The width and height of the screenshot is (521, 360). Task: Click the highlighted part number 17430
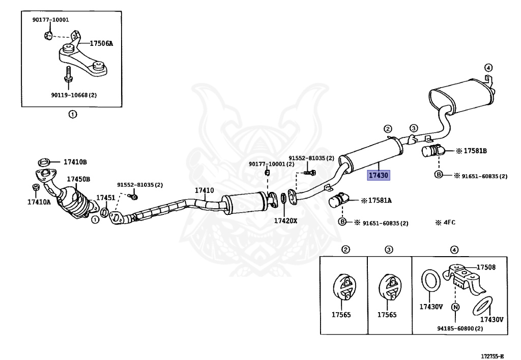pyautogui.click(x=379, y=175)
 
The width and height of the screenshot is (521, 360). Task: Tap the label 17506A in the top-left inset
pyautogui.click(x=101, y=43)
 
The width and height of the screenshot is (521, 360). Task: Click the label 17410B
pyautogui.click(x=75, y=162)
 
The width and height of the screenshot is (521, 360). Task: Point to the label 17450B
pyautogui.click(x=78, y=179)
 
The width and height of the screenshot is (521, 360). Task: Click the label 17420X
pyautogui.click(x=285, y=220)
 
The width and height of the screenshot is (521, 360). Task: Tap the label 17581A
pyautogui.click(x=379, y=201)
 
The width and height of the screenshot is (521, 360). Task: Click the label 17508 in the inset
pyautogui.click(x=486, y=267)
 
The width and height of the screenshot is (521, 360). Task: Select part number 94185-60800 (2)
pyautogui.click(x=460, y=328)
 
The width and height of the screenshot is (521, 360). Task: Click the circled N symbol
pyautogui.click(x=455, y=307)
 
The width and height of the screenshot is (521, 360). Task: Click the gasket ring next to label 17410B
pyautogui.click(x=44, y=162)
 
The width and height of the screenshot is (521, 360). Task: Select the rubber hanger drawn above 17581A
pyautogui.click(x=338, y=200)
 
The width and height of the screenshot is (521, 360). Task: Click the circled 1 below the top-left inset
pyautogui.click(x=73, y=115)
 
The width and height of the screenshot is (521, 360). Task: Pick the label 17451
pyautogui.click(x=105, y=197)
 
